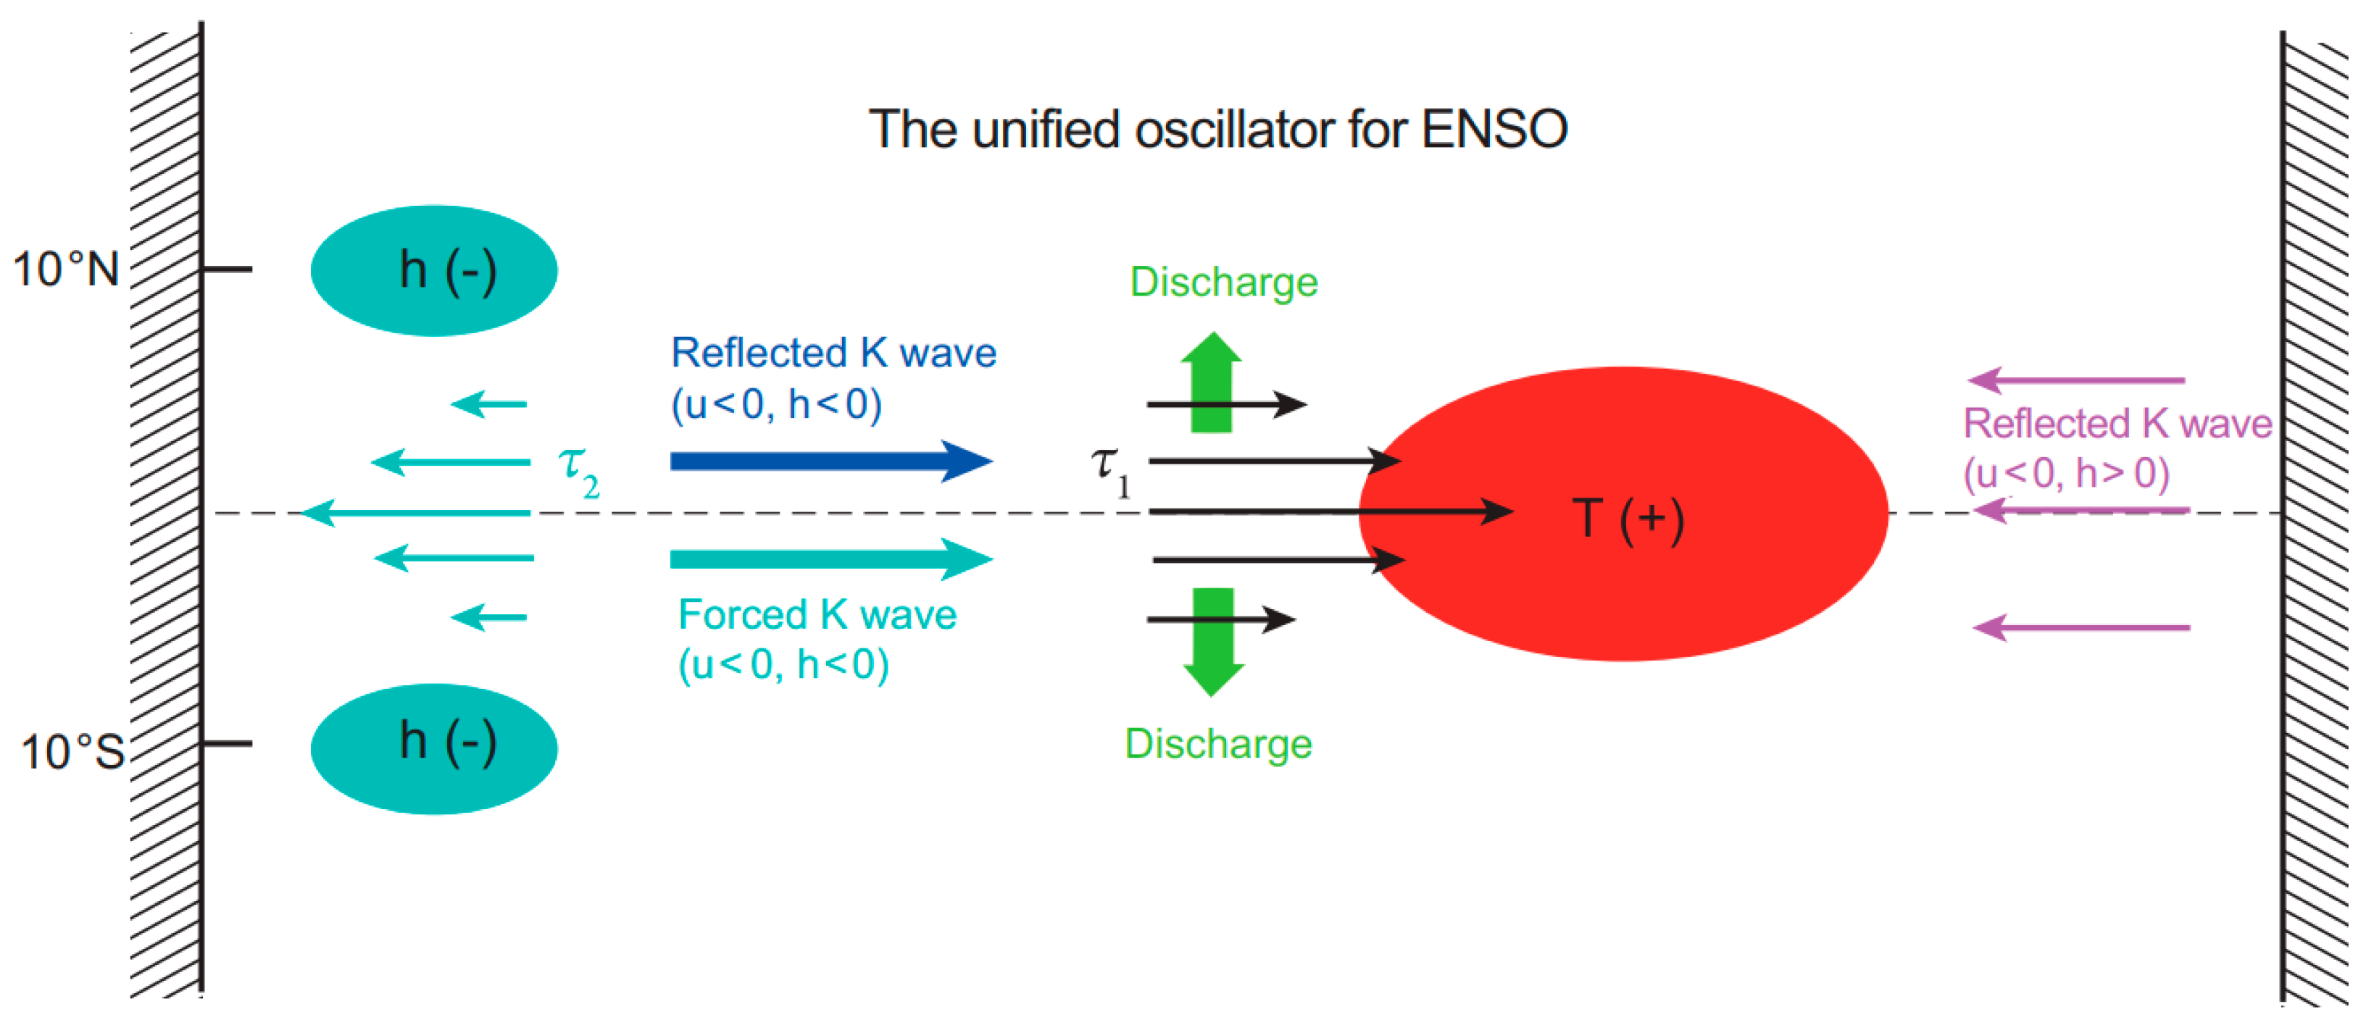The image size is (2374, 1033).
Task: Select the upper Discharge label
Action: [x=1223, y=282]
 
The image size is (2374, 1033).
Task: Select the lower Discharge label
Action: [x=1217, y=744]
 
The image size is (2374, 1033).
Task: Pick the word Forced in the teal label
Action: [x=742, y=614]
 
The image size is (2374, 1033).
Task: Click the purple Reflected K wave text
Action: [x=2117, y=424]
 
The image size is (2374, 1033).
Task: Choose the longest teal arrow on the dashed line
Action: [x=415, y=512]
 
